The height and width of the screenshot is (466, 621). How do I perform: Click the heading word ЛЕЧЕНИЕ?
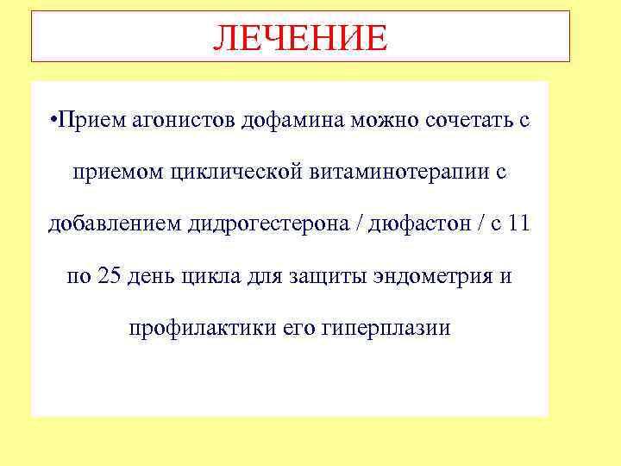coord(300,37)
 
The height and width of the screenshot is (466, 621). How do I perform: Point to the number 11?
coord(518,225)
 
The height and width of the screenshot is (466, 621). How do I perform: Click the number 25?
coord(110,277)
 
